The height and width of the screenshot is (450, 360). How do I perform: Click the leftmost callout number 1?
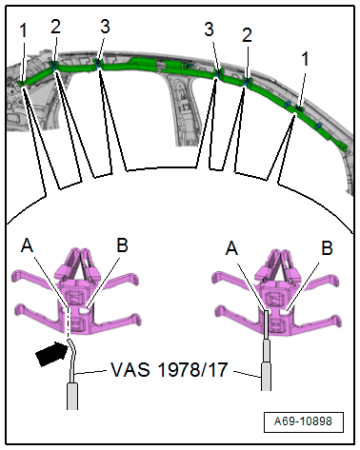(x=23, y=30)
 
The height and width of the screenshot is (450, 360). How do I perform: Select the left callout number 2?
(x=55, y=27)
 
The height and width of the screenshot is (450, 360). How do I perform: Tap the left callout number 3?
(x=105, y=27)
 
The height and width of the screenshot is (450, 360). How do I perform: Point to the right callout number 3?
(x=209, y=29)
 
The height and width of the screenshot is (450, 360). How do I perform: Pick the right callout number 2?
(x=247, y=35)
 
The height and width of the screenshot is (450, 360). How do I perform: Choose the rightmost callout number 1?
(x=305, y=59)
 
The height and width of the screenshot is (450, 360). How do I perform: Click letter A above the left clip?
(x=28, y=245)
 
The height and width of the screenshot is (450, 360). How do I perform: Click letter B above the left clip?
(x=122, y=245)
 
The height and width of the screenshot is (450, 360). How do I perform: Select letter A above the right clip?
(x=231, y=248)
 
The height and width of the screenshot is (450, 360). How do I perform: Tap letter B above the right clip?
(x=327, y=248)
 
